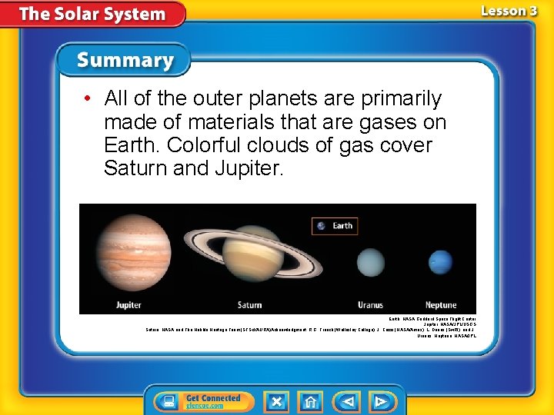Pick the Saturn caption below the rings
tap(249, 305)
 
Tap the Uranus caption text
tap(370, 305)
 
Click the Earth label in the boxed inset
tap(342, 226)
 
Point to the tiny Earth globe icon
tap(321, 226)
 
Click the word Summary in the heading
tap(125, 60)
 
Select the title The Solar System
tap(92, 14)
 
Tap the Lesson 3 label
tap(509, 11)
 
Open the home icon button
tap(311, 401)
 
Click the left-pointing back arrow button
tap(347, 401)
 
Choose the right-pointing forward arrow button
tap(381, 401)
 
